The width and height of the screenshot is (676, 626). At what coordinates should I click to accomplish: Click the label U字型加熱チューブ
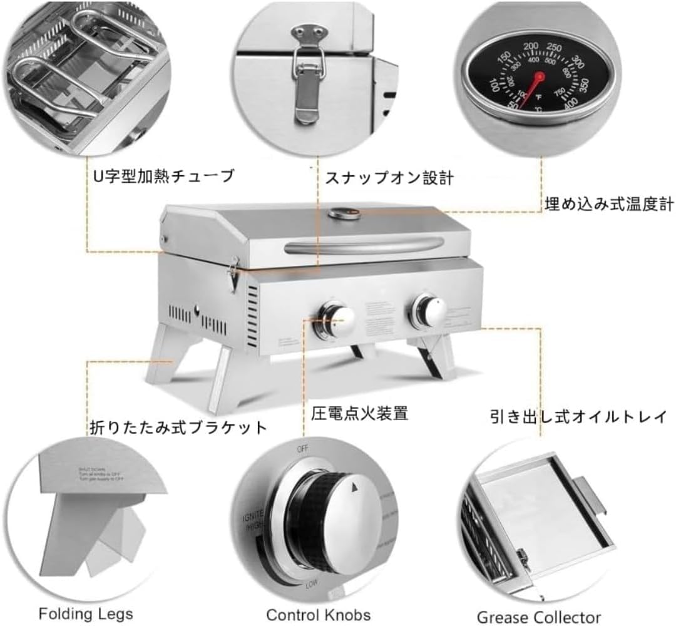[x=163, y=176]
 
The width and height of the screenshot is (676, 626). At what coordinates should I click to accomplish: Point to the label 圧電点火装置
[x=360, y=413]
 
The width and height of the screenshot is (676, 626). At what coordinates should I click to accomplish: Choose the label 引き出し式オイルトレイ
[x=578, y=416]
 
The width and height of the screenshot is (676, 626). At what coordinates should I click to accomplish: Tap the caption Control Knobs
[x=318, y=614]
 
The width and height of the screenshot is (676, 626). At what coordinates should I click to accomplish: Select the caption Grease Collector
[x=539, y=616]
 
